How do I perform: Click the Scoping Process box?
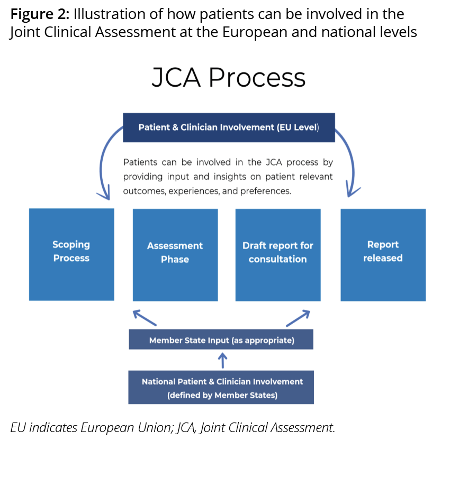pos(71,254)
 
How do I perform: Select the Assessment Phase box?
pos(175,255)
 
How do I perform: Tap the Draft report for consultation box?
pos(278,255)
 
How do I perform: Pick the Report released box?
pos(383,254)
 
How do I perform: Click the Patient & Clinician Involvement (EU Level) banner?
pos(229,127)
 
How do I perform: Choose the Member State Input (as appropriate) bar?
pos(221,340)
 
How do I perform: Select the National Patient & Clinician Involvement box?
pos(221,388)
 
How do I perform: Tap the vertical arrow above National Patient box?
pos(223,361)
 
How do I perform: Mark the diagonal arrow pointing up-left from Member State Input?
pos(145,317)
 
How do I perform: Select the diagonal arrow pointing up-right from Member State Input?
pos(298,318)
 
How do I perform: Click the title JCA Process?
pos(229,78)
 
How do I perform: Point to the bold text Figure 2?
pos(40,14)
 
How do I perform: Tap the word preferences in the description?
pos(265,191)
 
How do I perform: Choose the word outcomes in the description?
pos(145,191)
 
